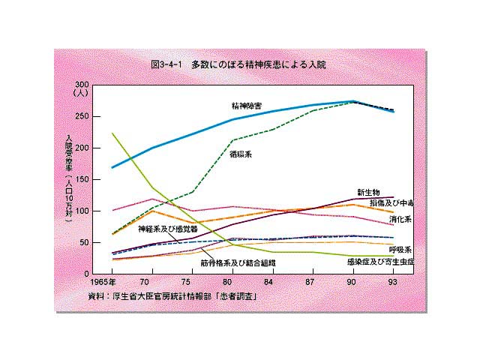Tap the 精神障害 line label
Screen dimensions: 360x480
[x=246, y=106]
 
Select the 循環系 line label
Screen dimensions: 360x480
[x=241, y=154]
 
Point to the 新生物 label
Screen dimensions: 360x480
[x=369, y=192]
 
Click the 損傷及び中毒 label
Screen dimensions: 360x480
[x=391, y=203]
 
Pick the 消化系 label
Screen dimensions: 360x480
[x=400, y=219]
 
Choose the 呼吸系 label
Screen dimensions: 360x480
[x=400, y=249]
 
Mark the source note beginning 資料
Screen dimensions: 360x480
[x=173, y=296]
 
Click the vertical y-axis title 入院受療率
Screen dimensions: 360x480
[x=69, y=177]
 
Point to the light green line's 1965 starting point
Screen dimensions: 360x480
[x=112, y=133]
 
